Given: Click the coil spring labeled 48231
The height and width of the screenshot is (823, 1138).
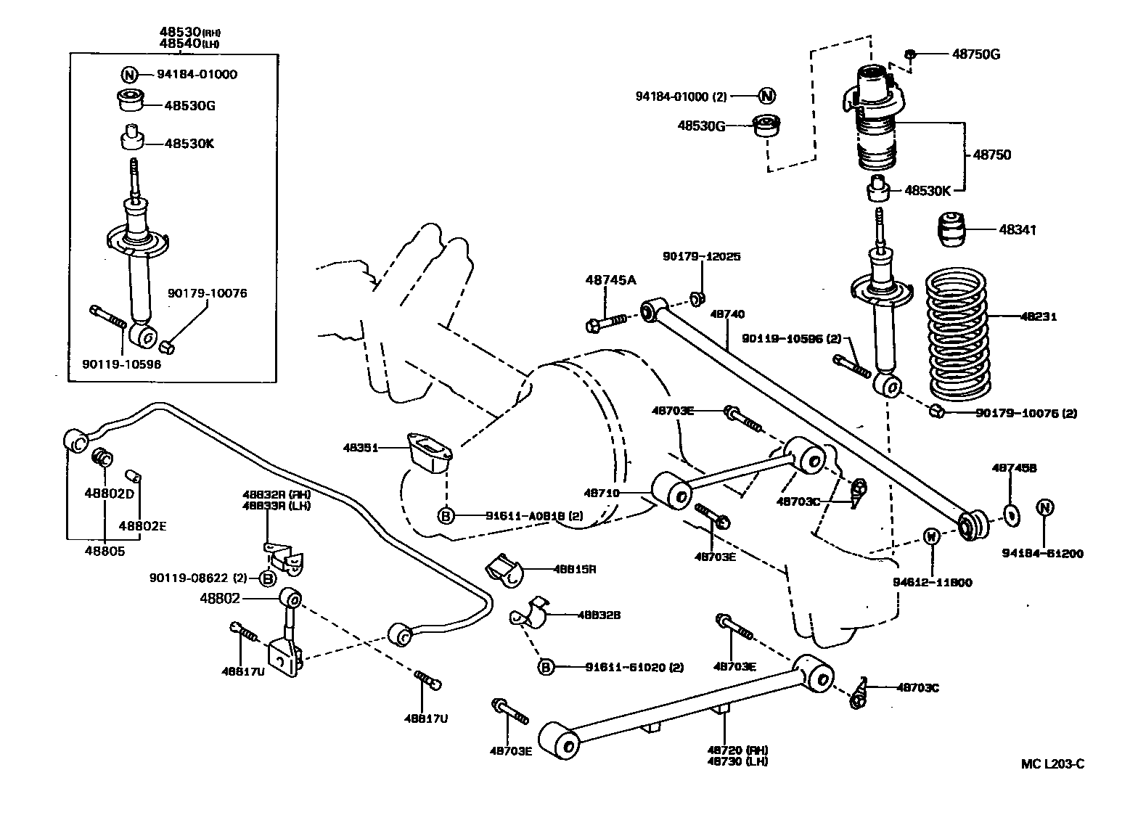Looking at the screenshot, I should (959, 335).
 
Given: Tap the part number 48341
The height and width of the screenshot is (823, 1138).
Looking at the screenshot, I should (1018, 229).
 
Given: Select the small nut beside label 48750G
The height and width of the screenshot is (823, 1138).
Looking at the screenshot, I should (912, 54).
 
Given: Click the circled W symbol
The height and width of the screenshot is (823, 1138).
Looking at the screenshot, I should (933, 536).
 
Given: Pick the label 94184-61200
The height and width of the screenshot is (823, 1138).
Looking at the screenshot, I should (1044, 554).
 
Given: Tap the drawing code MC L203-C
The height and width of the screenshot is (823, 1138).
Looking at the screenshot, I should (1052, 763).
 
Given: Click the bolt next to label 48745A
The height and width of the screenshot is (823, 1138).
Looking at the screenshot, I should (608, 322).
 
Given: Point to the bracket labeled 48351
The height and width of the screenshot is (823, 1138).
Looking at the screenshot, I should (430, 452).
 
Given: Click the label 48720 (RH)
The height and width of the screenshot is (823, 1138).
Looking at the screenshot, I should (738, 750).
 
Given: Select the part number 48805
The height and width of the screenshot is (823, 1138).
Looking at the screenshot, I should (105, 551).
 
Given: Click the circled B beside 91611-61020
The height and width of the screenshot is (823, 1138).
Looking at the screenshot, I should (546, 667).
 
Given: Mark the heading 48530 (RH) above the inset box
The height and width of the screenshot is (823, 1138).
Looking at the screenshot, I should (189, 33).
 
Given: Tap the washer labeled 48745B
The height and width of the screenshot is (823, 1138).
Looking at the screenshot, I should (1011, 515).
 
